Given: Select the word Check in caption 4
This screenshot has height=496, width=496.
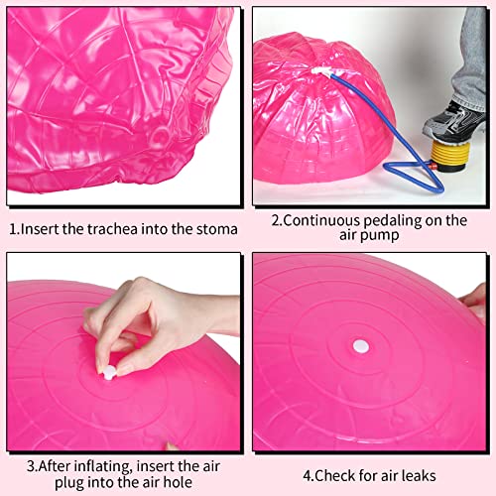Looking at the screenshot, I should [x=325, y=476].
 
